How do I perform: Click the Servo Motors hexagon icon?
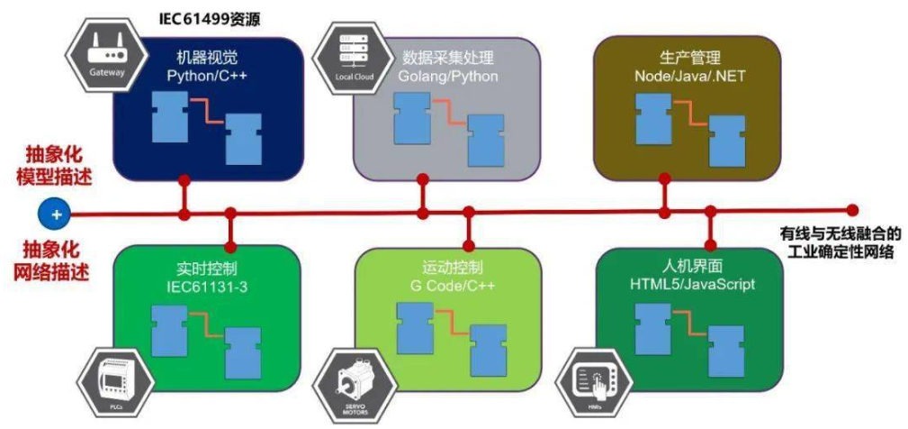357,385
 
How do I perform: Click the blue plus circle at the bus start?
56,214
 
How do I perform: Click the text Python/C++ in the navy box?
207,76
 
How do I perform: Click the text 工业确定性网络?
841,251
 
